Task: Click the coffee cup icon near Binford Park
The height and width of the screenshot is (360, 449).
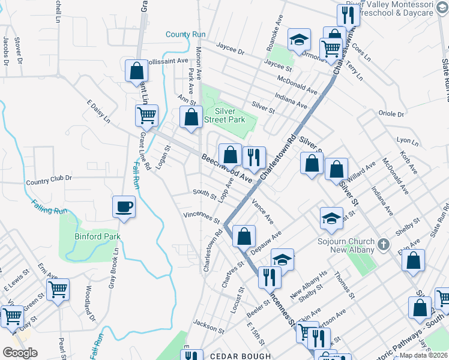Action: [x=124, y=207]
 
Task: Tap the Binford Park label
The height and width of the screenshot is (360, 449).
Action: [x=97, y=236]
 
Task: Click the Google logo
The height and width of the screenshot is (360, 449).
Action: [x=20, y=352]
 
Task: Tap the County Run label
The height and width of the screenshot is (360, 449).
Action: [x=186, y=35]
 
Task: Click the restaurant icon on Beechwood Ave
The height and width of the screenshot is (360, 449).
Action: [x=254, y=157]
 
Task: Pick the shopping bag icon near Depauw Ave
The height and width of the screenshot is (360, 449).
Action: [x=244, y=236]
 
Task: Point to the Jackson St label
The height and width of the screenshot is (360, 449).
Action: [x=209, y=329]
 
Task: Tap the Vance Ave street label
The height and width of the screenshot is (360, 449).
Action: [x=263, y=211]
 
